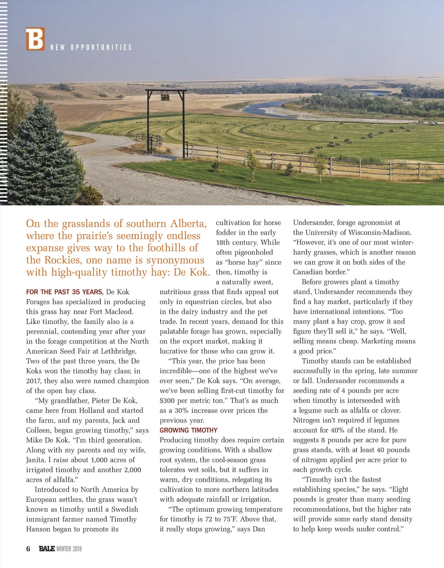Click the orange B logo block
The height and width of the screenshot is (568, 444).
click(35, 39)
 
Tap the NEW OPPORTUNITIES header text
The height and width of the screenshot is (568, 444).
click(91, 47)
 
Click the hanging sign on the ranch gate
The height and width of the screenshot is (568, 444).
click(165, 97)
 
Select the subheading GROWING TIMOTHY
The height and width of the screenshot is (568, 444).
click(188, 430)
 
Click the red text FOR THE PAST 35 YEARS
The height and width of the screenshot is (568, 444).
click(64, 292)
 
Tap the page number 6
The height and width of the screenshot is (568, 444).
click(28, 549)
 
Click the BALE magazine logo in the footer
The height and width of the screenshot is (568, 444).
click(47, 549)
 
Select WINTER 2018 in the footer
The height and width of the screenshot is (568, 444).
click(69, 549)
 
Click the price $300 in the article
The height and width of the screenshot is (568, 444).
click(168, 400)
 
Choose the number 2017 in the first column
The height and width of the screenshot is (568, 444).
click(33, 381)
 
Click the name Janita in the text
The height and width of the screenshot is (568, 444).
click(36, 460)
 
